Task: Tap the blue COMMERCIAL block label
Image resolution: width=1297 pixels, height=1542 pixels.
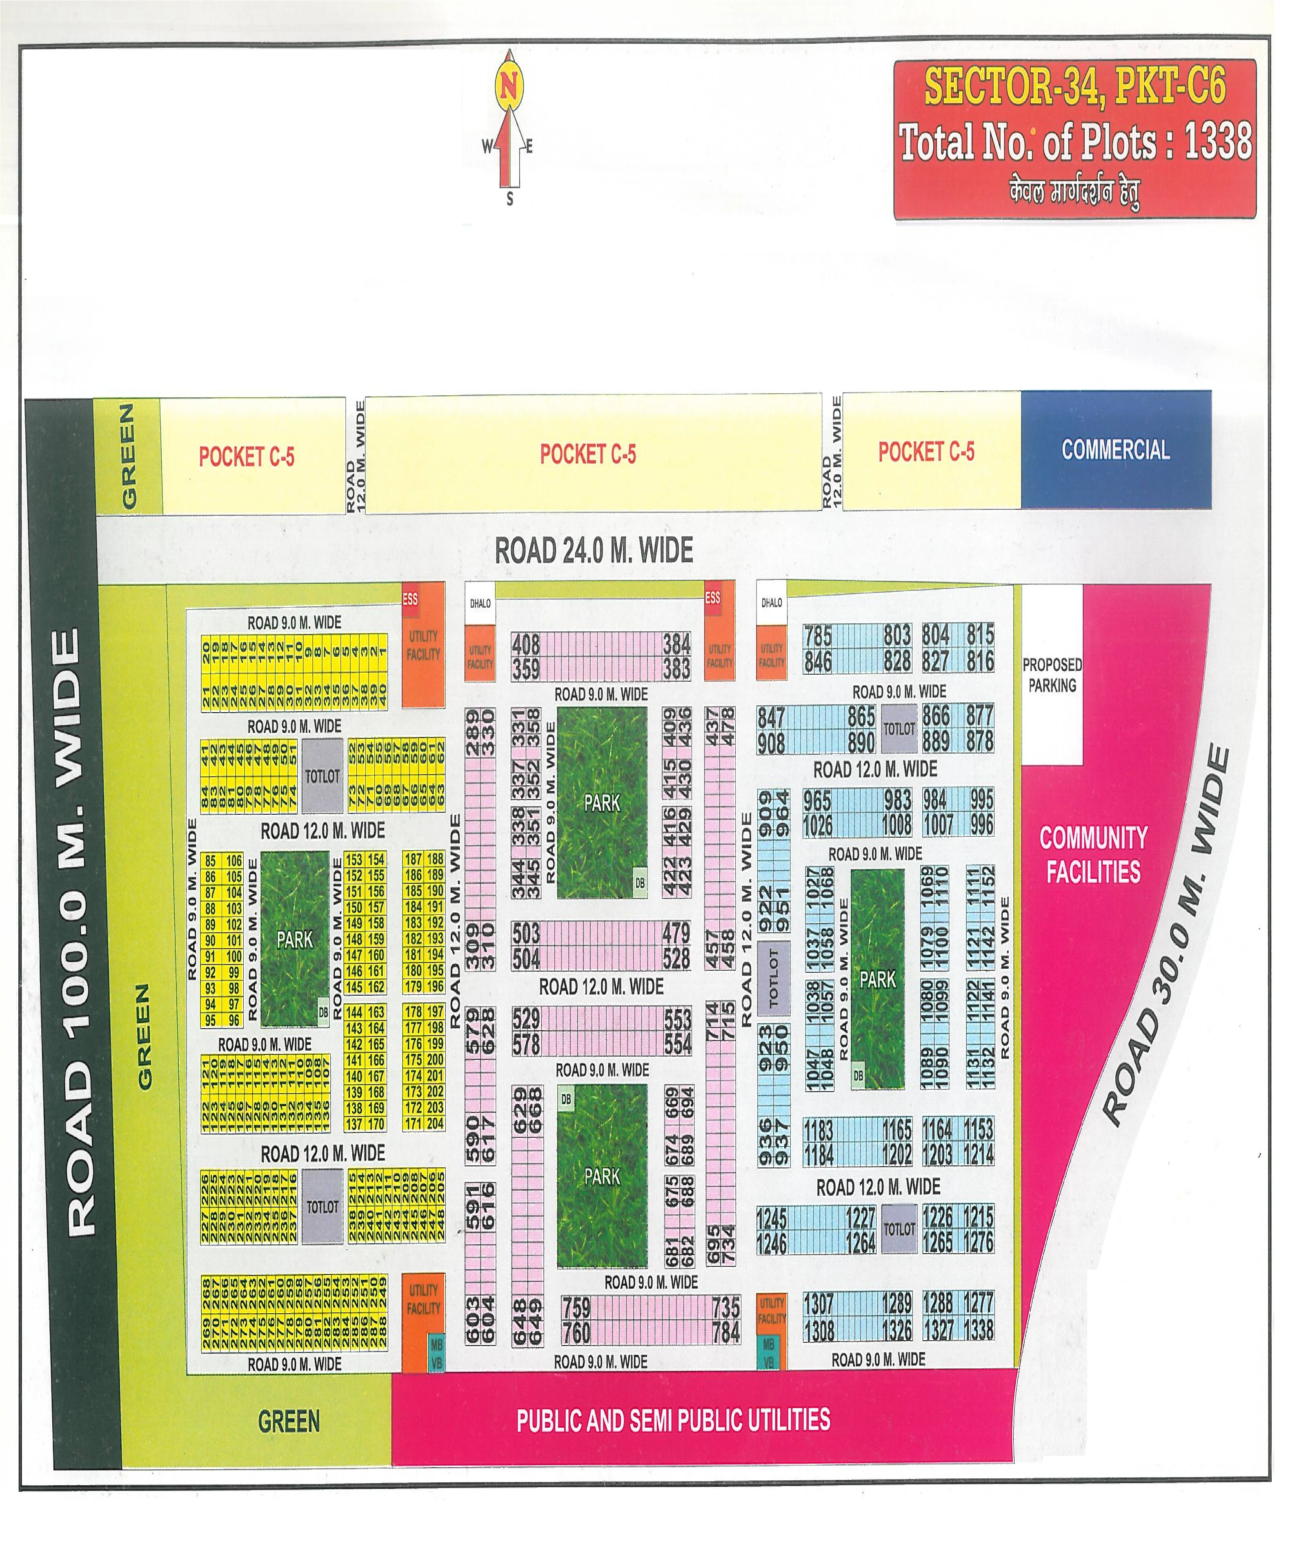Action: point(1115,450)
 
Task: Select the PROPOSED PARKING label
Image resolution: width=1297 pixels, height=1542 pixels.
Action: point(1052,675)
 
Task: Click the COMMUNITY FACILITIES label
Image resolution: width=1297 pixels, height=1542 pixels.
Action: point(1093,854)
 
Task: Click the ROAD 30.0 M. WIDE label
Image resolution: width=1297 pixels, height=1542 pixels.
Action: point(1166,935)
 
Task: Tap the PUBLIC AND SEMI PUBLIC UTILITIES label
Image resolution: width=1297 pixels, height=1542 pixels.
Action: point(674,1420)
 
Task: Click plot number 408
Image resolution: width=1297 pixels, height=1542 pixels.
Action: point(526,645)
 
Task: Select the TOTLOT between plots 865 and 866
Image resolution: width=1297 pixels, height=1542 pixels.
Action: point(899,729)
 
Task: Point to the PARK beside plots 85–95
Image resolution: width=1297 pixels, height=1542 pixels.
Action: point(295,940)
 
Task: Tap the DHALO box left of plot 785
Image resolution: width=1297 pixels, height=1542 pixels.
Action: point(771,603)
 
